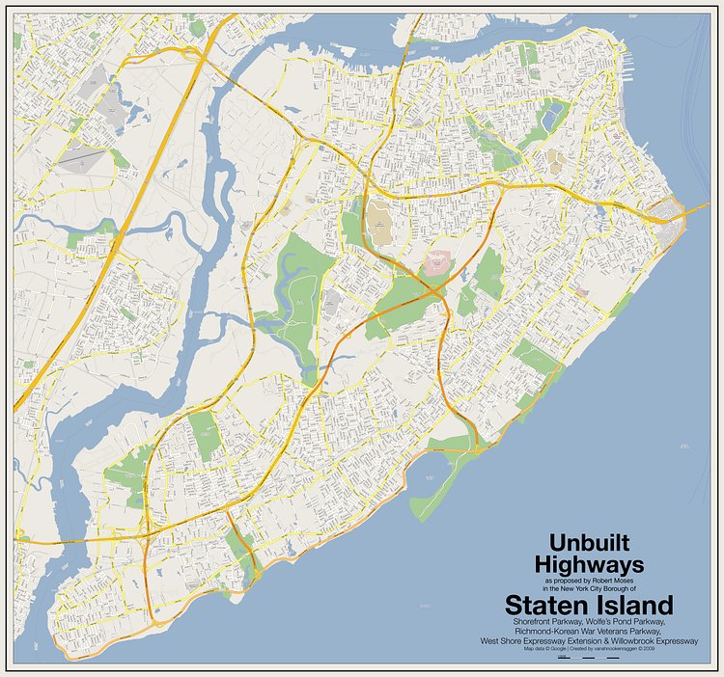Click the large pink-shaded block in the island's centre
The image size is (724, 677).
click(439, 261)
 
